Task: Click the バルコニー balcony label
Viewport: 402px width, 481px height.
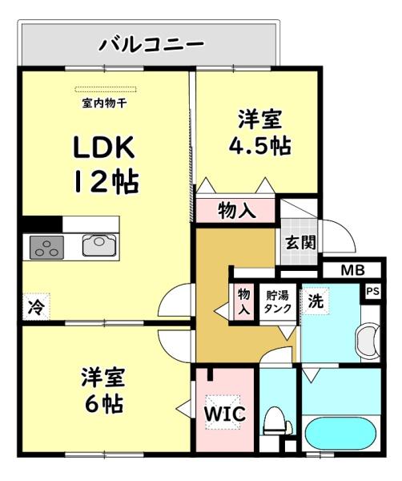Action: (x=151, y=43)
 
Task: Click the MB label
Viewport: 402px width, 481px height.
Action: (x=352, y=270)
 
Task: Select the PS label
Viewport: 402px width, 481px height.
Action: (x=372, y=292)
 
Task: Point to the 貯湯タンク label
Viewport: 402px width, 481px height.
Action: (x=279, y=301)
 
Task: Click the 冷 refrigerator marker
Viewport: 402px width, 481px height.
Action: (x=36, y=305)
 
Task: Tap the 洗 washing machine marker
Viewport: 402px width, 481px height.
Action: (x=316, y=302)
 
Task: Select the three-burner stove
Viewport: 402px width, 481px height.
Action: (x=47, y=248)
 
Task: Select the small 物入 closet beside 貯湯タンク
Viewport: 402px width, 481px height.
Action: (x=243, y=301)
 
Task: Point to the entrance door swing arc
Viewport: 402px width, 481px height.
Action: (x=340, y=236)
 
